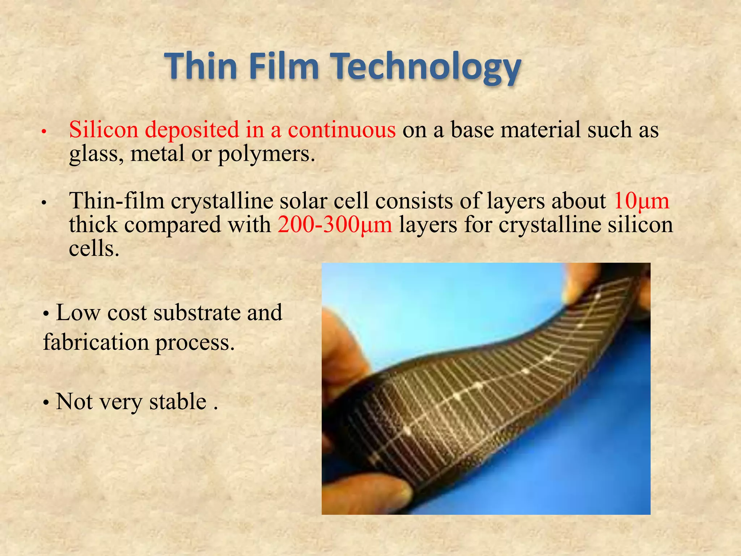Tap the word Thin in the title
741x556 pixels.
201,66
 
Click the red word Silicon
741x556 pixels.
104,130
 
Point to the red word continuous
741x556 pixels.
342,130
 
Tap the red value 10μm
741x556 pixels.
641,201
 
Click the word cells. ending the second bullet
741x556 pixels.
94,249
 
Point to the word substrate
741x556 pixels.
197,313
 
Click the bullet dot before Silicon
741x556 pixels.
43,132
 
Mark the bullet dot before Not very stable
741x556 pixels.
46,403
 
